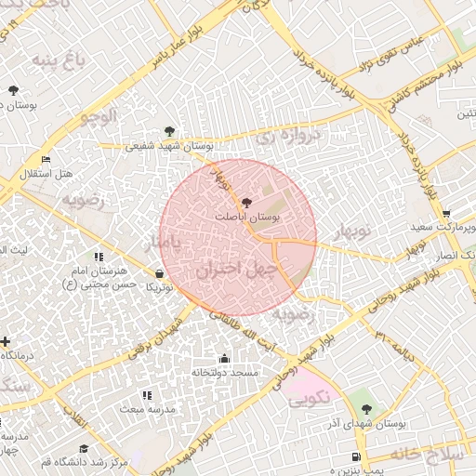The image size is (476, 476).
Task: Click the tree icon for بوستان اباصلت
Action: pyautogui.click(x=245, y=202)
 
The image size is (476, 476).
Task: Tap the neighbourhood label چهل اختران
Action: pyautogui.click(x=238, y=270)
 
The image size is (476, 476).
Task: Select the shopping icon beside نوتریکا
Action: pyautogui.click(x=161, y=274)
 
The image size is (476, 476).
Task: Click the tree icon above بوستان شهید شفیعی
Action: pyautogui.click(x=168, y=131)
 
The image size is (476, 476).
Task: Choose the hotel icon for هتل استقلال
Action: pyautogui.click(x=46, y=159)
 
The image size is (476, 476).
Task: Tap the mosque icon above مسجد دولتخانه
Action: pyautogui.click(x=223, y=358)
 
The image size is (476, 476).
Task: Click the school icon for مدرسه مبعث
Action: pyautogui.click(x=147, y=395)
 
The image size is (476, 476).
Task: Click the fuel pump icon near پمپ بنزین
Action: pyautogui.click(x=357, y=457)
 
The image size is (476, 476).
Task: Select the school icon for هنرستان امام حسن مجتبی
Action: pyautogui.click(x=98, y=257)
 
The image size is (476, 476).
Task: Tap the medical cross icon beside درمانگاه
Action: pyautogui.click(x=6, y=342)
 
